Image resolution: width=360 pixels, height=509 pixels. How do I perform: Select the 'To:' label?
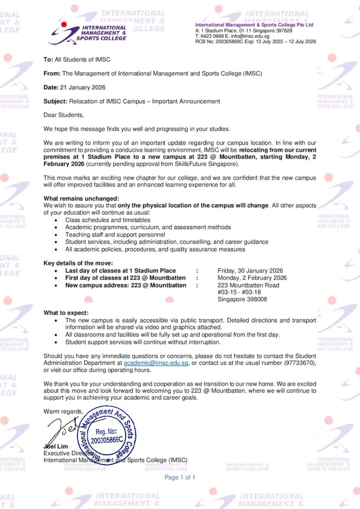[48, 60]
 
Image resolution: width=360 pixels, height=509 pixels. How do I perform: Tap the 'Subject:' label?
[55, 101]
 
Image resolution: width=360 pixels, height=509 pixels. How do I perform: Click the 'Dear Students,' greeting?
[64, 115]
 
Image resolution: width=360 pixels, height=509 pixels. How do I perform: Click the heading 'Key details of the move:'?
[78, 263]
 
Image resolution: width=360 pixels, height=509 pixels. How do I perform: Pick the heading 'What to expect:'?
[66, 313]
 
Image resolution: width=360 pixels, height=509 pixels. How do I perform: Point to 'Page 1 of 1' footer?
[180, 478]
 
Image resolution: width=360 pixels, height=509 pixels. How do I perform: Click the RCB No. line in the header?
[255, 42]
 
